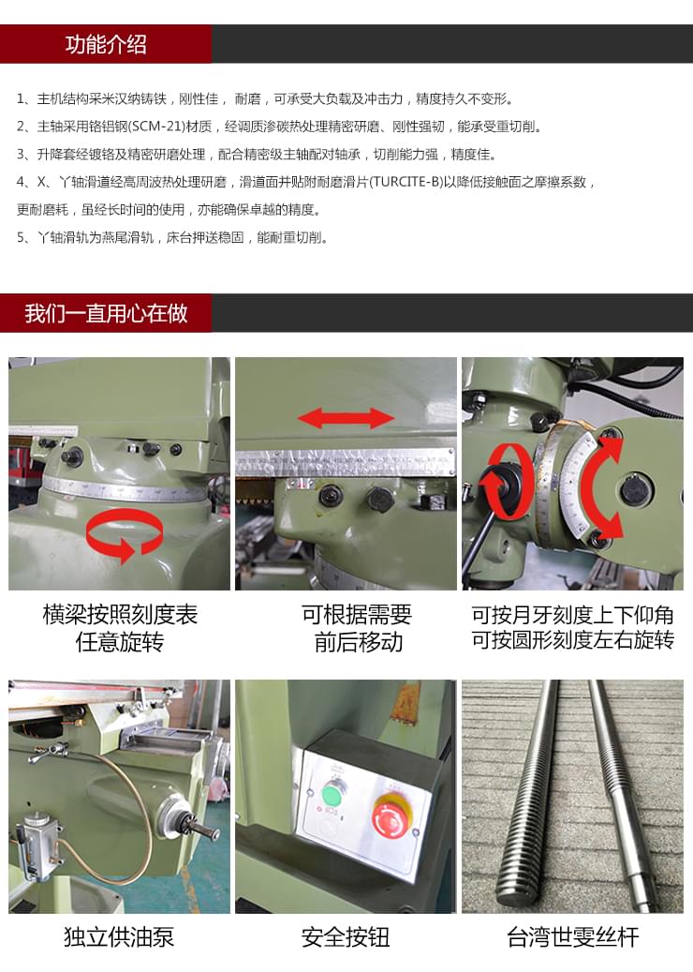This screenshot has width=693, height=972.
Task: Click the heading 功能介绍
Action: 106,44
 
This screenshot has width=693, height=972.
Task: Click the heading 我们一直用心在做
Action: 106,313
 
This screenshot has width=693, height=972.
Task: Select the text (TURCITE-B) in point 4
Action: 405,182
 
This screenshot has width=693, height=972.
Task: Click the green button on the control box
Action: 331,795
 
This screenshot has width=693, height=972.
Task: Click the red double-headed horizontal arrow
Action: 346,418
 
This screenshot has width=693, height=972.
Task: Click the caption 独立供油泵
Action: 119,936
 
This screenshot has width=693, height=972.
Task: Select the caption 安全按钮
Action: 346,936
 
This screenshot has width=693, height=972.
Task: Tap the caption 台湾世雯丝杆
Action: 572,936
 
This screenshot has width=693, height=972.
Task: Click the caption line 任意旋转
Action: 119,642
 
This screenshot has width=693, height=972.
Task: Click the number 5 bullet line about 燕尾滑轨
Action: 173,237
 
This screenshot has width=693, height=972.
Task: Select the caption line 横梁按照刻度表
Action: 120,615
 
